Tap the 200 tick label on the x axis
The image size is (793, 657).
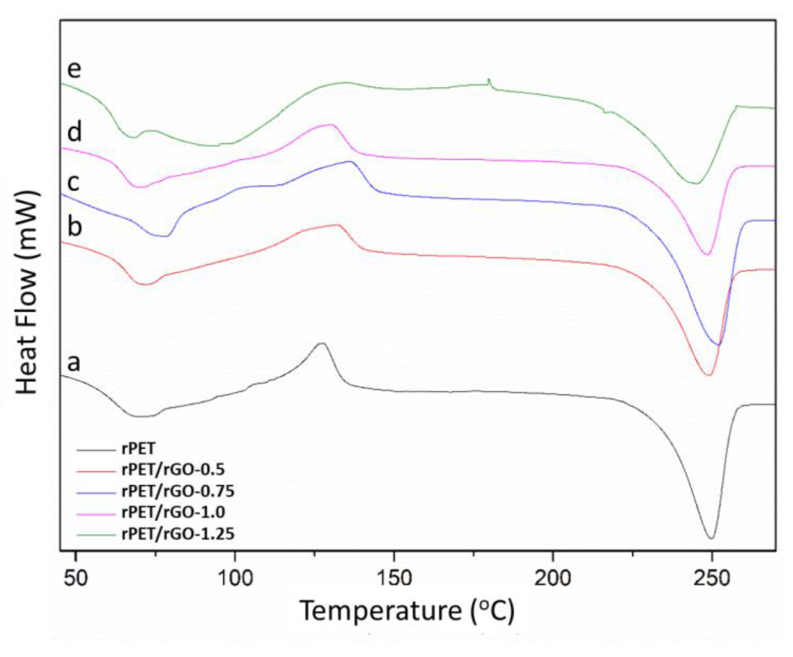coord(553,578)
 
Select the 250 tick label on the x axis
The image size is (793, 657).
coord(711,578)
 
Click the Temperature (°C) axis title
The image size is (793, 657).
coord(407,611)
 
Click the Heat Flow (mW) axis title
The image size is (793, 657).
coord(27,292)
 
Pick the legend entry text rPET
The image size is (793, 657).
coord(138,449)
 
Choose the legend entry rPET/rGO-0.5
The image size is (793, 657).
coord(173,470)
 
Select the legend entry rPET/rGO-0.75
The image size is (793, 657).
coord(178,491)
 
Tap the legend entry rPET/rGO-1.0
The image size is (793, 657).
coord(173,512)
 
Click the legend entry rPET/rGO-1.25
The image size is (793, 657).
coord(178,533)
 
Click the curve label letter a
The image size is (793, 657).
coord(74,363)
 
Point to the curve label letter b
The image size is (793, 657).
coord(75,226)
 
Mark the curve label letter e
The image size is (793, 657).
coord(74,69)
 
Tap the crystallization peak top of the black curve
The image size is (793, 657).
coord(321,343)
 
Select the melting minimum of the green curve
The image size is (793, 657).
coord(695,183)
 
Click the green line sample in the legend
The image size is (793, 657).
coord(96,534)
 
